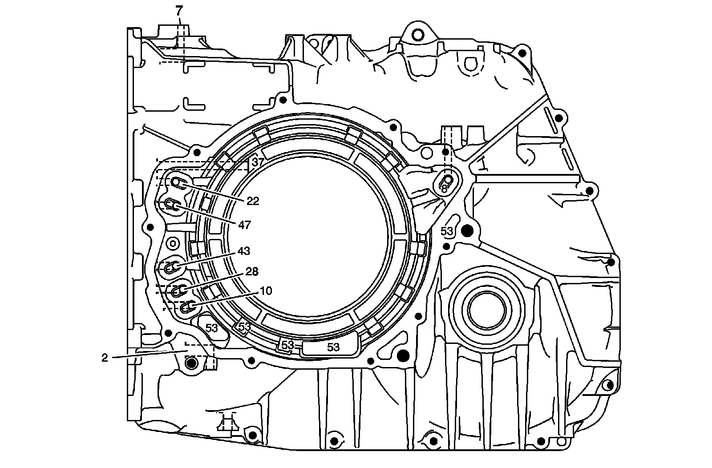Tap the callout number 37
[x=258, y=162]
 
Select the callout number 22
[x=253, y=201]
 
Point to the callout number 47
[x=244, y=225]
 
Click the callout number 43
[x=244, y=251]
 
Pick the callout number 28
[x=252, y=271]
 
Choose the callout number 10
[x=266, y=291]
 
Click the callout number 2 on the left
[x=105, y=358]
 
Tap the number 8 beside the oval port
[x=444, y=189]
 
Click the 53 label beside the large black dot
[x=447, y=231]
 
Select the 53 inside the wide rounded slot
[x=333, y=347]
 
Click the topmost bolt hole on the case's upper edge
[x=417, y=34]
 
